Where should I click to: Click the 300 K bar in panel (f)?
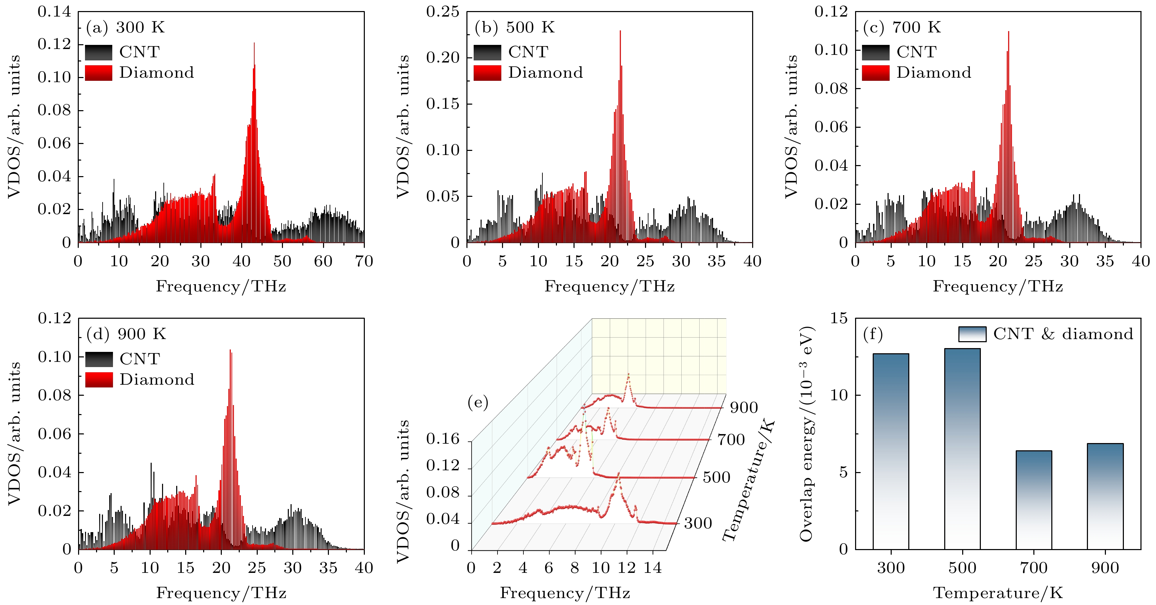coord(890,451)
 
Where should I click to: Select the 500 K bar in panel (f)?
coord(962,449)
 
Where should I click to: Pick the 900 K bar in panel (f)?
coord(1105,496)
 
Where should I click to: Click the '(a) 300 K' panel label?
coord(125,27)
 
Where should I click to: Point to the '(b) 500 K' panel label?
coord(514,27)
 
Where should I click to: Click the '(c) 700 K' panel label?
coord(902,27)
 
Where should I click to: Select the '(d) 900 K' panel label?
coord(126,334)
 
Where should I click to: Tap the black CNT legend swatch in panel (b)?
coord(487,52)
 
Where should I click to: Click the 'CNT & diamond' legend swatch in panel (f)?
coord(972,334)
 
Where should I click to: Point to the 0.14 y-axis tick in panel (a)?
coord(54,12)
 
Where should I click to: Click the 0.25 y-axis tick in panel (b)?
coord(443,12)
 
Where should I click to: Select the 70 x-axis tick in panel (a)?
coord(364,261)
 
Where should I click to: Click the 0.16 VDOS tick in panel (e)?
coord(443,439)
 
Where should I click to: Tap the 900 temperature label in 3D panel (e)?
coord(743,407)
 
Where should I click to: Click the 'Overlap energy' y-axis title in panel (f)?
coord(807,434)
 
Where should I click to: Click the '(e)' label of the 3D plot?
coord(477,402)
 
